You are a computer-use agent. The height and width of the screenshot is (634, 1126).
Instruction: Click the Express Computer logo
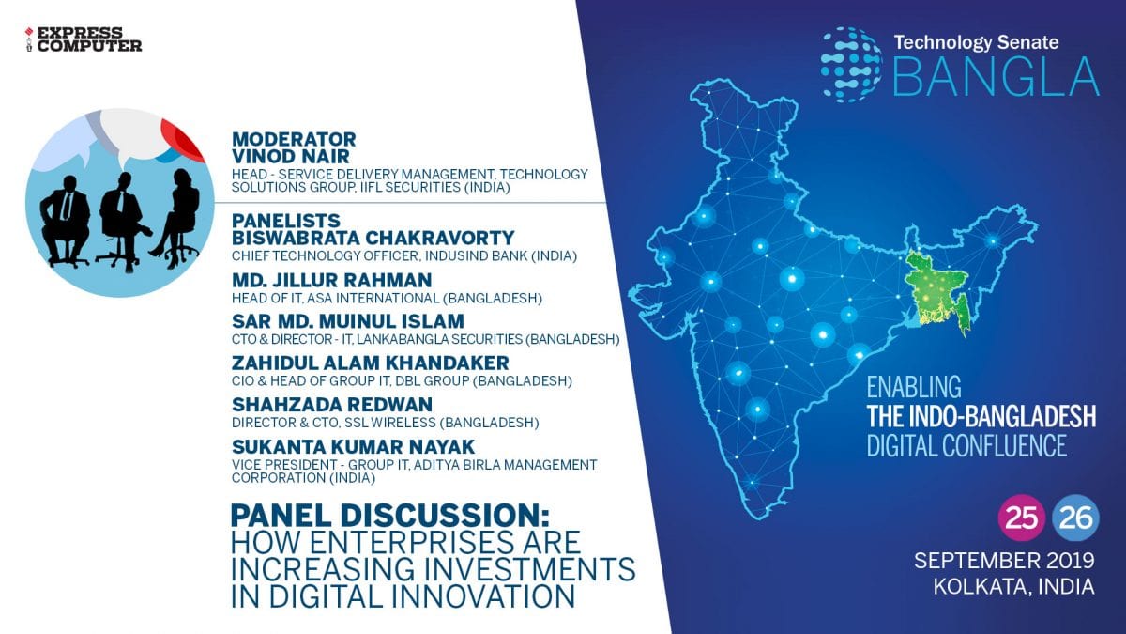tap(84, 39)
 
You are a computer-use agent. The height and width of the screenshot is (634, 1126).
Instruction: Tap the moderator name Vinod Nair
tap(291, 156)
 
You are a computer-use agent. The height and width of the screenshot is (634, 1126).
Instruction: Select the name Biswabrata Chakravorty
tap(373, 238)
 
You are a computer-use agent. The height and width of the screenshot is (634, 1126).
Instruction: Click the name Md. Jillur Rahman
tap(332, 280)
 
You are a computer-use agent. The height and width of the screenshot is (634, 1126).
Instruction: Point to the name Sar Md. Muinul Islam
tap(348, 321)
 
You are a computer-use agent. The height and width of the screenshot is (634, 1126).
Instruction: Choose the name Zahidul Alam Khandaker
tap(371, 363)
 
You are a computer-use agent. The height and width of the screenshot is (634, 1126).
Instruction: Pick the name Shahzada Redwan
tap(332, 405)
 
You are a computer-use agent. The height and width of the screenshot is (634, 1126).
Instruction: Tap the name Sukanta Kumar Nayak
tap(354, 446)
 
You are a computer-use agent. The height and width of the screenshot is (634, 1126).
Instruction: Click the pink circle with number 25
tap(1022, 518)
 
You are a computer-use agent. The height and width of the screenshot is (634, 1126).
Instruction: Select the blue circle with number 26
tap(1075, 518)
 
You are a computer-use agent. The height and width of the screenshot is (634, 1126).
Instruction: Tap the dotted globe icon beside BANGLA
tap(850, 65)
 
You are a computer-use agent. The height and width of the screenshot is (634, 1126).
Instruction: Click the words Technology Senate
tap(976, 42)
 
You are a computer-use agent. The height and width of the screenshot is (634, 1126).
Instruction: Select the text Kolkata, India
tap(1014, 587)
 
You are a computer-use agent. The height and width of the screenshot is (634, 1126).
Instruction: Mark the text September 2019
tap(1004, 561)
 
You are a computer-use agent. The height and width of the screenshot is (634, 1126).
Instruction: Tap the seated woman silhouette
tap(176, 217)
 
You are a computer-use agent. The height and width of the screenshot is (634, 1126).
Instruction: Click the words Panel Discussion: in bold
tap(390, 516)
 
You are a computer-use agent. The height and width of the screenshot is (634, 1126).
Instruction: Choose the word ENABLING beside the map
tap(914, 387)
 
